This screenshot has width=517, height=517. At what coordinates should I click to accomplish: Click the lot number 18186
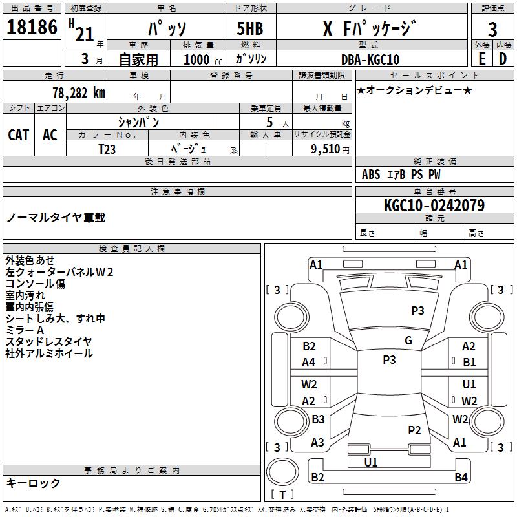(32, 26)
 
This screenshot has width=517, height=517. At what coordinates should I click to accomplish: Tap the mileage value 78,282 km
(79, 93)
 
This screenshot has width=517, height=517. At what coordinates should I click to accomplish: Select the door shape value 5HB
(250, 28)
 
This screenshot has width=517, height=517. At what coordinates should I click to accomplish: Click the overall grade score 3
(492, 29)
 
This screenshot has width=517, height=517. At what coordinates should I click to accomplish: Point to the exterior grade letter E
(481, 59)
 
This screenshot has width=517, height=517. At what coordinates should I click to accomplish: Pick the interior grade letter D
(503, 59)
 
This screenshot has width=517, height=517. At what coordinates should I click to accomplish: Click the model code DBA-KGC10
(370, 59)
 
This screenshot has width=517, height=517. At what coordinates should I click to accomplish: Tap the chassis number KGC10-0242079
(434, 206)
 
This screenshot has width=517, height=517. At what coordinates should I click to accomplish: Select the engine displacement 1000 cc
(203, 59)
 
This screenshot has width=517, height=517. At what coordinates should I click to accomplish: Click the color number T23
(107, 149)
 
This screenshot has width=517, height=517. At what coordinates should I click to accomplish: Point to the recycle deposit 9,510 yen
(330, 149)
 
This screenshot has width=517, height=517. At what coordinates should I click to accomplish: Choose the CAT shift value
(19, 135)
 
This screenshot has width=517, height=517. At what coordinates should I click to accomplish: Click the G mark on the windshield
(408, 340)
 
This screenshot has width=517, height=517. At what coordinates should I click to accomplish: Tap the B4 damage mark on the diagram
(461, 477)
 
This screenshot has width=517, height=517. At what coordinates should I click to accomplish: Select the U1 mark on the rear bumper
(371, 462)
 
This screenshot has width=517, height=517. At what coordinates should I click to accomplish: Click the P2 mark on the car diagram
(414, 430)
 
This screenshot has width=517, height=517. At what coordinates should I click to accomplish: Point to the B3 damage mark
(318, 419)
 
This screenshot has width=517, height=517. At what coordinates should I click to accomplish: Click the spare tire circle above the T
(282, 472)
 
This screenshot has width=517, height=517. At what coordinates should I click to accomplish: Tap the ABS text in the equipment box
(371, 174)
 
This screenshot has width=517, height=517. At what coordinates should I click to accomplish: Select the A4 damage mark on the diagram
(309, 363)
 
